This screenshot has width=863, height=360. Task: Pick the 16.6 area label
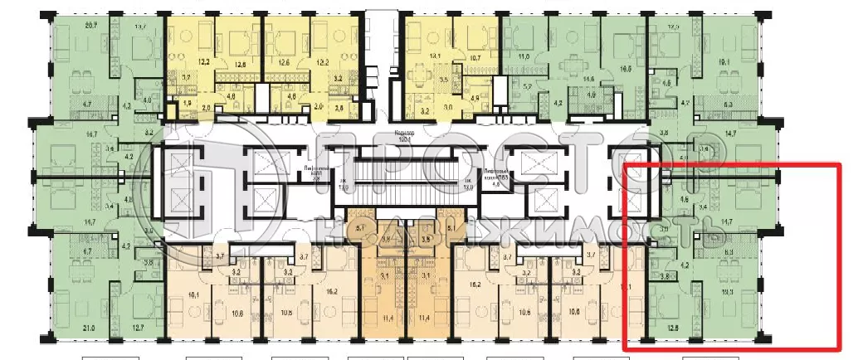(x=625, y=69)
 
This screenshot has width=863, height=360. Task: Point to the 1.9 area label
(x=187, y=103)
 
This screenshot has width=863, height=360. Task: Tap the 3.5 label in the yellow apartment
(x=443, y=80)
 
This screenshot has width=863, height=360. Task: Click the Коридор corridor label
(x=405, y=134)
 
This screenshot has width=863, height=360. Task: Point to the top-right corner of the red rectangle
(x=840, y=165)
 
